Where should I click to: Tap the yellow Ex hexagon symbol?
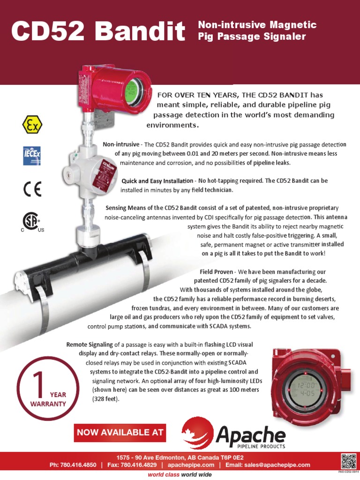coord(32,125)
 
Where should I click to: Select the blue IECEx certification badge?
coord(32,156)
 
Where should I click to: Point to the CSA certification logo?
coord(32,222)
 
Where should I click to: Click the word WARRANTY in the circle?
coord(48,404)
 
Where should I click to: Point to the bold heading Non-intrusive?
coord(121,144)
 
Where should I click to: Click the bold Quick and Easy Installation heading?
coord(157,181)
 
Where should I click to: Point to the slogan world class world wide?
coord(180,474)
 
